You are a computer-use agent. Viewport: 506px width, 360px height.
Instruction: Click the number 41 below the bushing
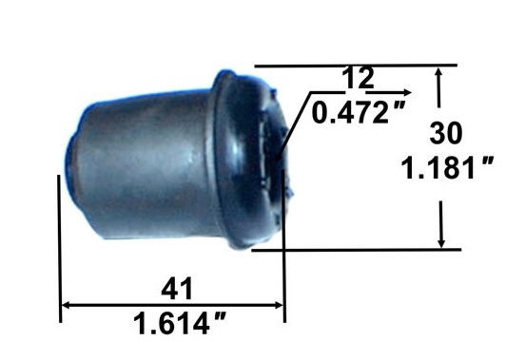tap(177, 289)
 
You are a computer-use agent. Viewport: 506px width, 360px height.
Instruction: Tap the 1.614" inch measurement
tap(180, 324)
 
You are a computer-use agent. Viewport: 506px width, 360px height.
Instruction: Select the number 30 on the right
tap(446, 133)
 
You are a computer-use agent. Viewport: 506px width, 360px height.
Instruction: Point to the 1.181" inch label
tap(448, 167)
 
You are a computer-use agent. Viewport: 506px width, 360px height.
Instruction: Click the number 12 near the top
tap(358, 78)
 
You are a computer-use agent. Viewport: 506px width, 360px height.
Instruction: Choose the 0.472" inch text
tap(358, 113)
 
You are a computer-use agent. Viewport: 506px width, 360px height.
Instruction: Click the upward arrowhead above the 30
tap(438, 71)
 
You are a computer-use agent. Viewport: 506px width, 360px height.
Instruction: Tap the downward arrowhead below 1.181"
tap(441, 243)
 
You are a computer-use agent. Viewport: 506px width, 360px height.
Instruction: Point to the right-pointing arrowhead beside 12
tap(407, 92)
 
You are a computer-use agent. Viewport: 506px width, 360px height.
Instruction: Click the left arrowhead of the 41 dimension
tap(66, 305)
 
